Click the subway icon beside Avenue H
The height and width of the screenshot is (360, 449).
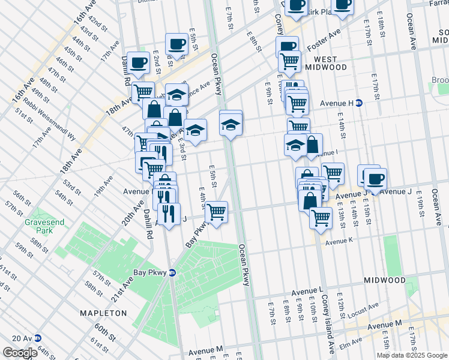click(x=359, y=103)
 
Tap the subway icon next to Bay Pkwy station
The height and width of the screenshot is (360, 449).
click(x=172, y=272)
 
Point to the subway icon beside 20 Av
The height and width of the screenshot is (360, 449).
click(x=38, y=338)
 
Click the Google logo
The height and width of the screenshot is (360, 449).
click(x=20, y=353)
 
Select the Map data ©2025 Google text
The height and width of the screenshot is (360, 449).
click(x=412, y=355)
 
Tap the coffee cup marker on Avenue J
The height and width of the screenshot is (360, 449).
click(x=376, y=179)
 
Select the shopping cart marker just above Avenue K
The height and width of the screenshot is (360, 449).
click(x=321, y=217)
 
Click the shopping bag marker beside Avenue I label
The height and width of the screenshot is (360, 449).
click(x=312, y=145)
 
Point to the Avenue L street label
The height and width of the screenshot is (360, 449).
click(x=307, y=292)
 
